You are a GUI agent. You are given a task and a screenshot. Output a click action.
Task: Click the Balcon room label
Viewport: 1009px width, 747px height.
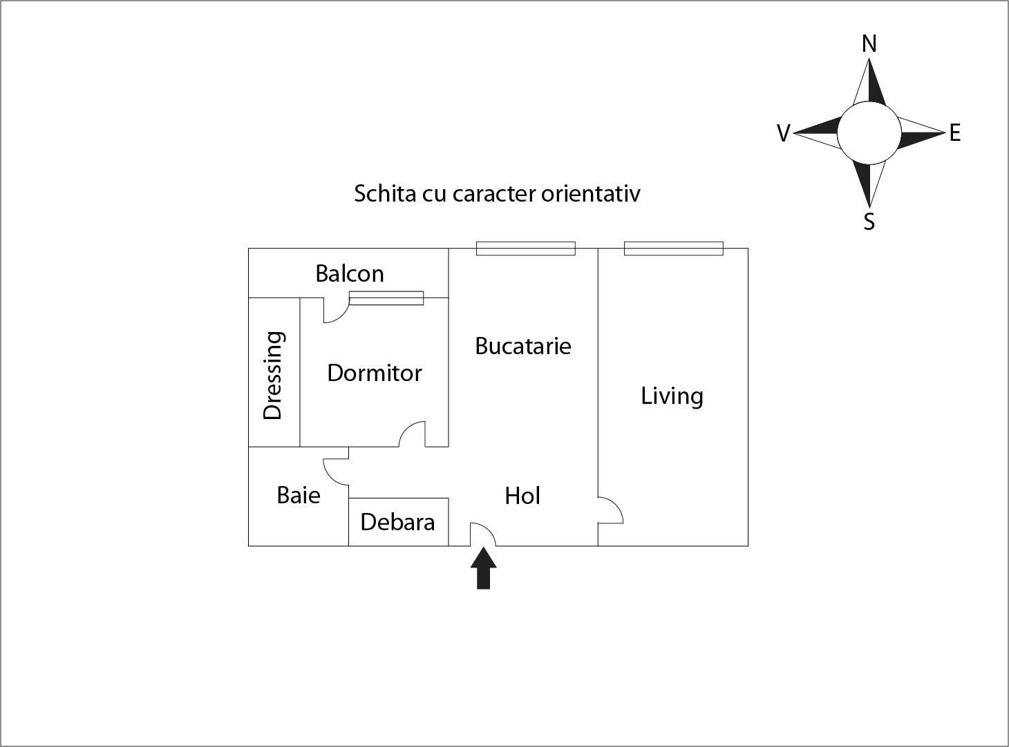click(349, 273)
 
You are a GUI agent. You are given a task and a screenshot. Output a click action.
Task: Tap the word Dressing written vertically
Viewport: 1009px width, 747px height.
click(273, 375)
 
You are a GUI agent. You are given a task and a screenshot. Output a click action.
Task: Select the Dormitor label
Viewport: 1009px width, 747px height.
click(374, 373)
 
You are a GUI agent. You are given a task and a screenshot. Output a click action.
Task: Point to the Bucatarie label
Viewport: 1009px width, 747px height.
click(522, 345)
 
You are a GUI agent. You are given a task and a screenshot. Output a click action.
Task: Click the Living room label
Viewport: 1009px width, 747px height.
click(672, 396)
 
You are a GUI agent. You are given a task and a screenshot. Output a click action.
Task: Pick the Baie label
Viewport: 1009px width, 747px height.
click(298, 495)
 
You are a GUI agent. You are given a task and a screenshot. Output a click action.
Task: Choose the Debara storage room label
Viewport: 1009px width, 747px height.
click(397, 522)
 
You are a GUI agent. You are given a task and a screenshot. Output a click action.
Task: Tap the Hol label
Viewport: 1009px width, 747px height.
click(522, 496)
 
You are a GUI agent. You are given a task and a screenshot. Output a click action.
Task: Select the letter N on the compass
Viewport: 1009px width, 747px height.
click(869, 44)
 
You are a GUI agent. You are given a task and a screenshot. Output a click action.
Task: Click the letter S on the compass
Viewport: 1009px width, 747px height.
click(869, 222)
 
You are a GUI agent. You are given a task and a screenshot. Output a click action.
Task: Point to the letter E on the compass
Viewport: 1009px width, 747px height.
click(954, 133)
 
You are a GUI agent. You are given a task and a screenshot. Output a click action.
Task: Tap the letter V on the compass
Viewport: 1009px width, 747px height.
click(783, 133)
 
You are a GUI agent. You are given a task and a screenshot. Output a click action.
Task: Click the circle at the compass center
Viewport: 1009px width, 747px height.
click(869, 133)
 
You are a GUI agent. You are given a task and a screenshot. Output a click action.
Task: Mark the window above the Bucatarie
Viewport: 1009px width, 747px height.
click(525, 249)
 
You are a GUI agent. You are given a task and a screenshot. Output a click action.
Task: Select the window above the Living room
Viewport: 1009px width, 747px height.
click(673, 249)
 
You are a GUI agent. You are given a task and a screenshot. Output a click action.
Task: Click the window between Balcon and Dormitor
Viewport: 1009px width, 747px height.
click(386, 298)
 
